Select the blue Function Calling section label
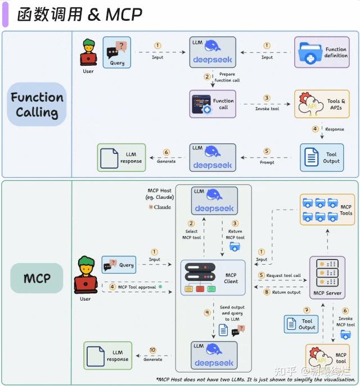point(37,105)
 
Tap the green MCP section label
point(37,278)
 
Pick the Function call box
point(213,104)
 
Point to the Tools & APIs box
point(322,104)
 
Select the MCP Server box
point(327,277)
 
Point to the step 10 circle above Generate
point(153,350)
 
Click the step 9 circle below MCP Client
point(206,312)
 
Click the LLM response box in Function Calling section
point(121,158)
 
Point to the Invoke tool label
point(267,109)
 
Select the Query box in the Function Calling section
point(116,52)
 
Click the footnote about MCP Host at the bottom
point(256,379)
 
